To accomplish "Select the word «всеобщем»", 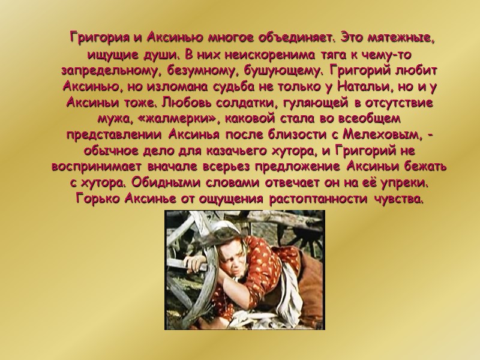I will [x=371, y=119].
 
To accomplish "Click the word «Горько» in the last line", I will [x=100, y=199].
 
